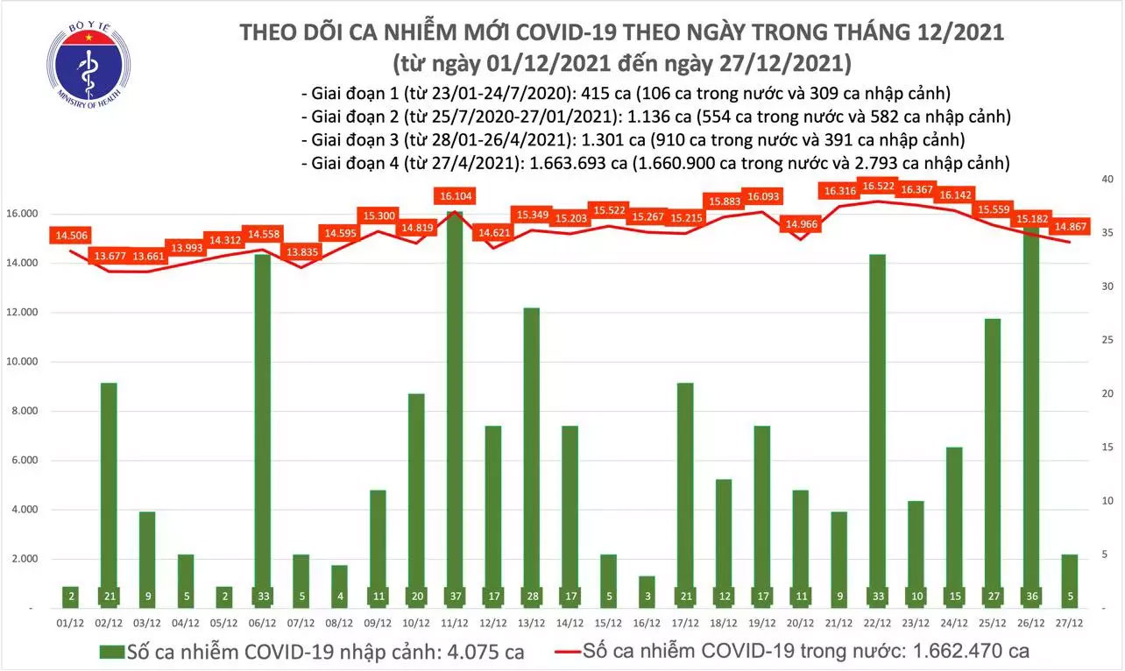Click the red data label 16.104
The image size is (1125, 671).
click(454, 196)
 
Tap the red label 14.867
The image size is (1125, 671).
click(1077, 226)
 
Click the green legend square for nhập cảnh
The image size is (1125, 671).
click(109, 651)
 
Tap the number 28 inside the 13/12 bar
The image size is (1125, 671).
click(532, 596)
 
